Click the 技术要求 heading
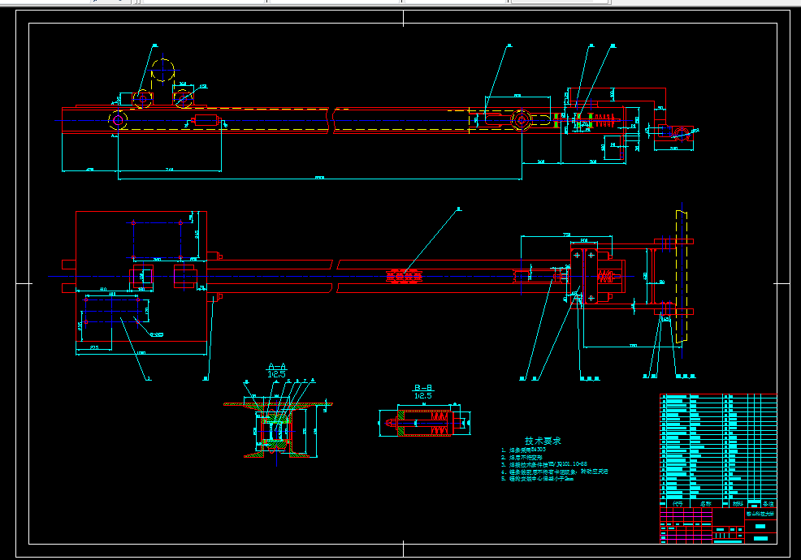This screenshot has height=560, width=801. coord(543,439)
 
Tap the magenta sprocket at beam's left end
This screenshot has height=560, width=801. coord(119,120)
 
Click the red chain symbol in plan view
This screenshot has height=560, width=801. coord(404,277)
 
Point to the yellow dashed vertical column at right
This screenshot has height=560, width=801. coord(682,276)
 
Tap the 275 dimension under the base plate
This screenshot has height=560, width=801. coord(94,347)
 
